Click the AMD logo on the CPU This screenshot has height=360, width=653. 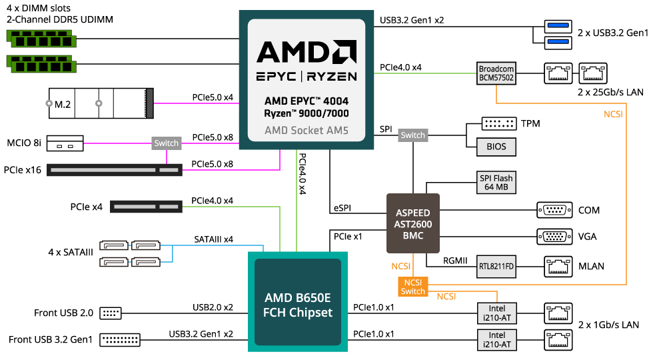[306, 52]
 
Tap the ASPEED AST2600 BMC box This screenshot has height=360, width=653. [413, 223]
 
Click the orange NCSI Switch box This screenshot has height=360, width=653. [412, 287]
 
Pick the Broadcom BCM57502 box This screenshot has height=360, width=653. [496, 73]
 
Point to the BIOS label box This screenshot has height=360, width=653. [496, 147]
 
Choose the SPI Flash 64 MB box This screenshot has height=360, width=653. [496, 183]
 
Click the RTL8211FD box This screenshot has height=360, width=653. [496, 267]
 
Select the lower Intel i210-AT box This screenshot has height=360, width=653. [496, 340]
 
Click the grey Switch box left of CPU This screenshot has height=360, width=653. [166, 143]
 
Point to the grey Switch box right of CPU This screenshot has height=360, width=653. [412, 135]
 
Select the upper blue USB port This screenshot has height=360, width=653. [558, 27]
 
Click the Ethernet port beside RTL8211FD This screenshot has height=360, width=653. [558, 267]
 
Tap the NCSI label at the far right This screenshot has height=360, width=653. [613, 114]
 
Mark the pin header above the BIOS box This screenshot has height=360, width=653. [498, 124]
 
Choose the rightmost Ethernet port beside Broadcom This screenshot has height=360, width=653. [592, 73]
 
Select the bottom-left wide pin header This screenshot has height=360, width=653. [120, 340]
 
